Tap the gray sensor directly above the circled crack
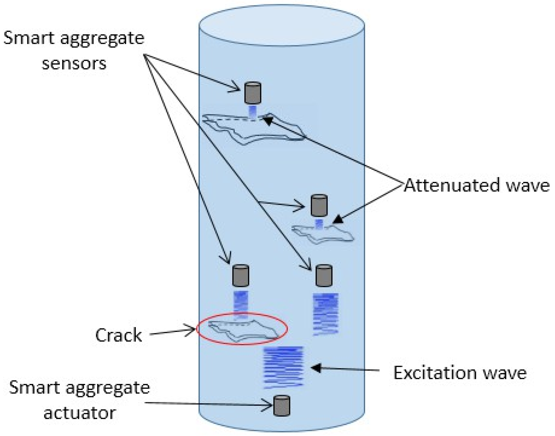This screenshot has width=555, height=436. point(240,276)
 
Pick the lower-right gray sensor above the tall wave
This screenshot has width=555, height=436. point(324,276)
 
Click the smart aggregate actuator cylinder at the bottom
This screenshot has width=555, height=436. point(282,405)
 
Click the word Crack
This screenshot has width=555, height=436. point(118,335)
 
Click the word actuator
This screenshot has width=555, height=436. point(80,413)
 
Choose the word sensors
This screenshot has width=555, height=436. point(74,64)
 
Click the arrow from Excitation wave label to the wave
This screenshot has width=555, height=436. point(345,369)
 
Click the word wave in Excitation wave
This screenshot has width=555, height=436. point(504,373)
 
